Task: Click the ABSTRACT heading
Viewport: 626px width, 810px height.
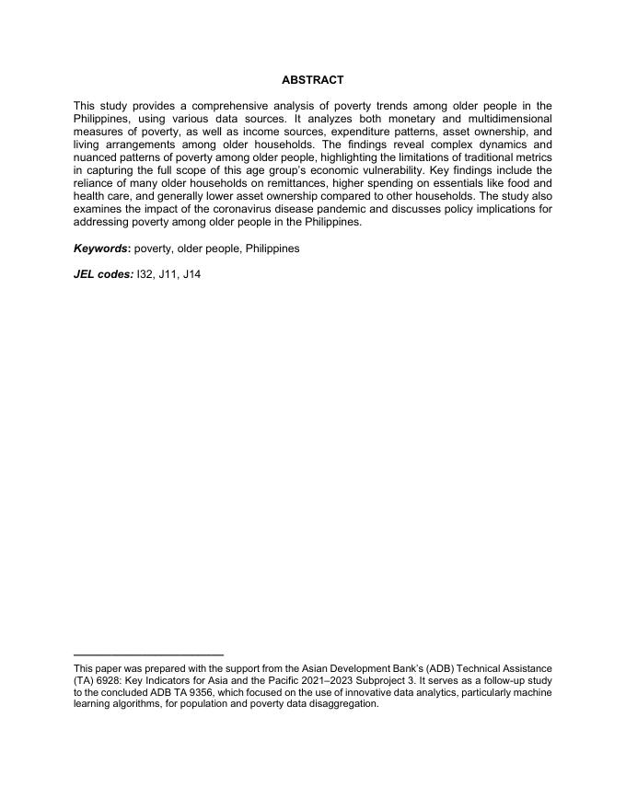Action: pos(312,81)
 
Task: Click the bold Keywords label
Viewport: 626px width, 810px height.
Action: pos(102,249)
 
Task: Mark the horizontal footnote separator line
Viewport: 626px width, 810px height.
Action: pos(148,654)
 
